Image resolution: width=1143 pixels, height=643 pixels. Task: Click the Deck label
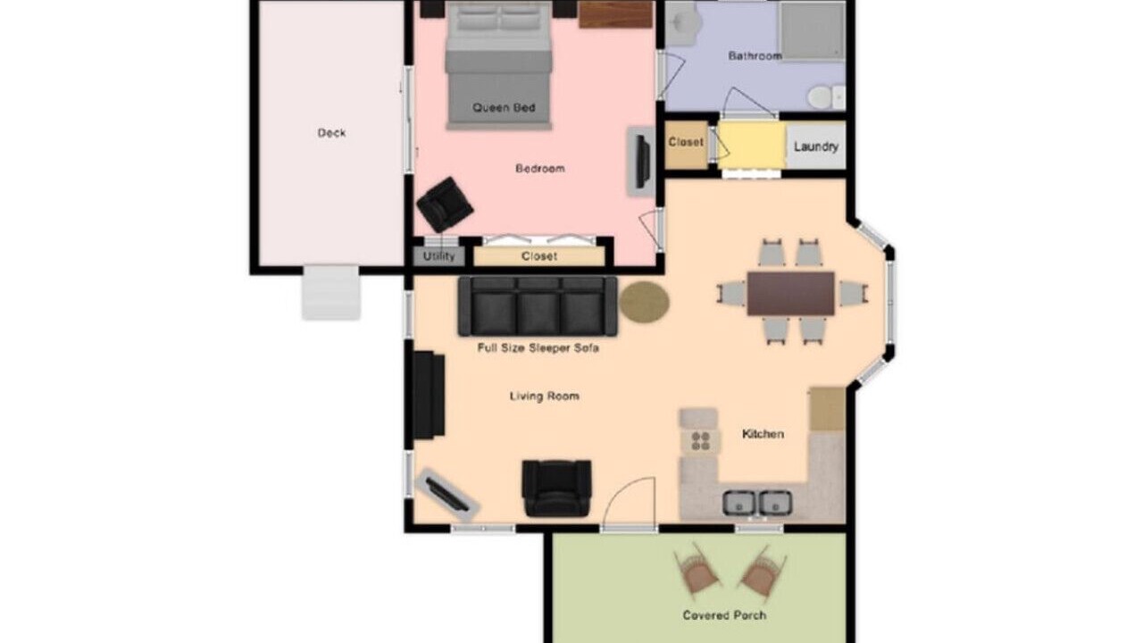coord(331,133)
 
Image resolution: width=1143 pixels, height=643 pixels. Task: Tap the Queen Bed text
coord(504,108)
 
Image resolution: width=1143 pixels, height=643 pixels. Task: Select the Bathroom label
coord(755,55)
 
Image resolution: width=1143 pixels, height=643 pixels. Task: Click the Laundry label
coord(816,147)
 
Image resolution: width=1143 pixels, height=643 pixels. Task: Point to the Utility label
coord(438,256)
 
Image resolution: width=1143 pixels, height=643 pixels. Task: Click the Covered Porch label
coord(724,615)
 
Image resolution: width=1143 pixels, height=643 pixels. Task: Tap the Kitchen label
coord(763,434)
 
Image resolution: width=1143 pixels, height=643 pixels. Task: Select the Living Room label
coord(545,397)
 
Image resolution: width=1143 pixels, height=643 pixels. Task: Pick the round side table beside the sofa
coord(645,302)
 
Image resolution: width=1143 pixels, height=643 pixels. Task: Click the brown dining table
coord(791,294)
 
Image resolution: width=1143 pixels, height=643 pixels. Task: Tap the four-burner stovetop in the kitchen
coord(701,441)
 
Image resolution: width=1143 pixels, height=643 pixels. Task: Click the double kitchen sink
coord(757,503)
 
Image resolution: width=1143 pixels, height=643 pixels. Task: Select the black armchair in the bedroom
coord(445,205)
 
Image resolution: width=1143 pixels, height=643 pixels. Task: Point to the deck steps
coord(331,292)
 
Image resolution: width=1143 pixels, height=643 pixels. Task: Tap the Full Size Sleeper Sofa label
coord(538,348)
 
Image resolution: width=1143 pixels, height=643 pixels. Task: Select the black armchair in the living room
coord(556,489)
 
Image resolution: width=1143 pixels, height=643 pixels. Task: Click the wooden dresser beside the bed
coord(615,14)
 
